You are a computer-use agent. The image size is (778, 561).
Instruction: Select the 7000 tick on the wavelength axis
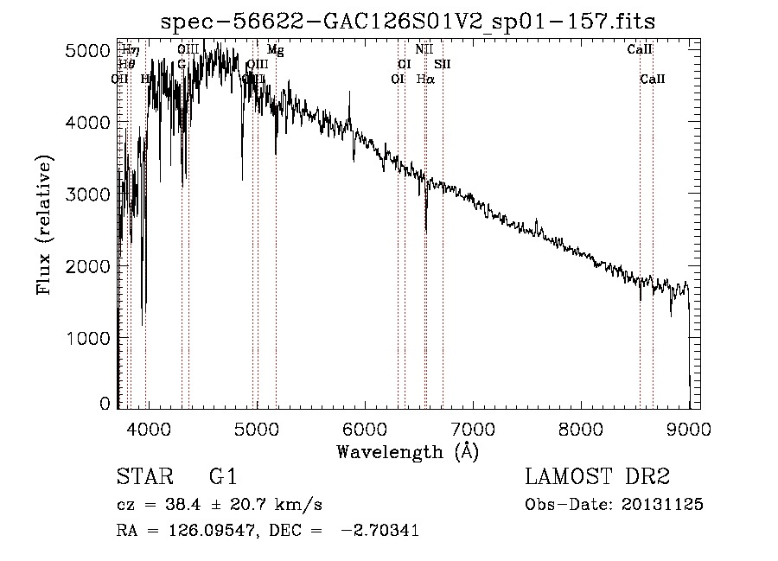472,429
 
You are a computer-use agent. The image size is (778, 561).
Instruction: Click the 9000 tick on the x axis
688,429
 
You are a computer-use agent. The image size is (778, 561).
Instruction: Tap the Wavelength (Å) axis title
407,451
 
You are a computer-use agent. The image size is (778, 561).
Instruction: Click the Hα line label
425,79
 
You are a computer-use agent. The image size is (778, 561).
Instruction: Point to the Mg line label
275,50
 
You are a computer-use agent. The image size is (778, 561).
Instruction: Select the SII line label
443,64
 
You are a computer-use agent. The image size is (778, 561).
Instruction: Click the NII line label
424,50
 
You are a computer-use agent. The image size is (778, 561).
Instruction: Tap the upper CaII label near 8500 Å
640,50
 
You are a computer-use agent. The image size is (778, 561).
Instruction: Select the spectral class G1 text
222,477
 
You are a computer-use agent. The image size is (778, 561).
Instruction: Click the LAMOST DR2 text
597,477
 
